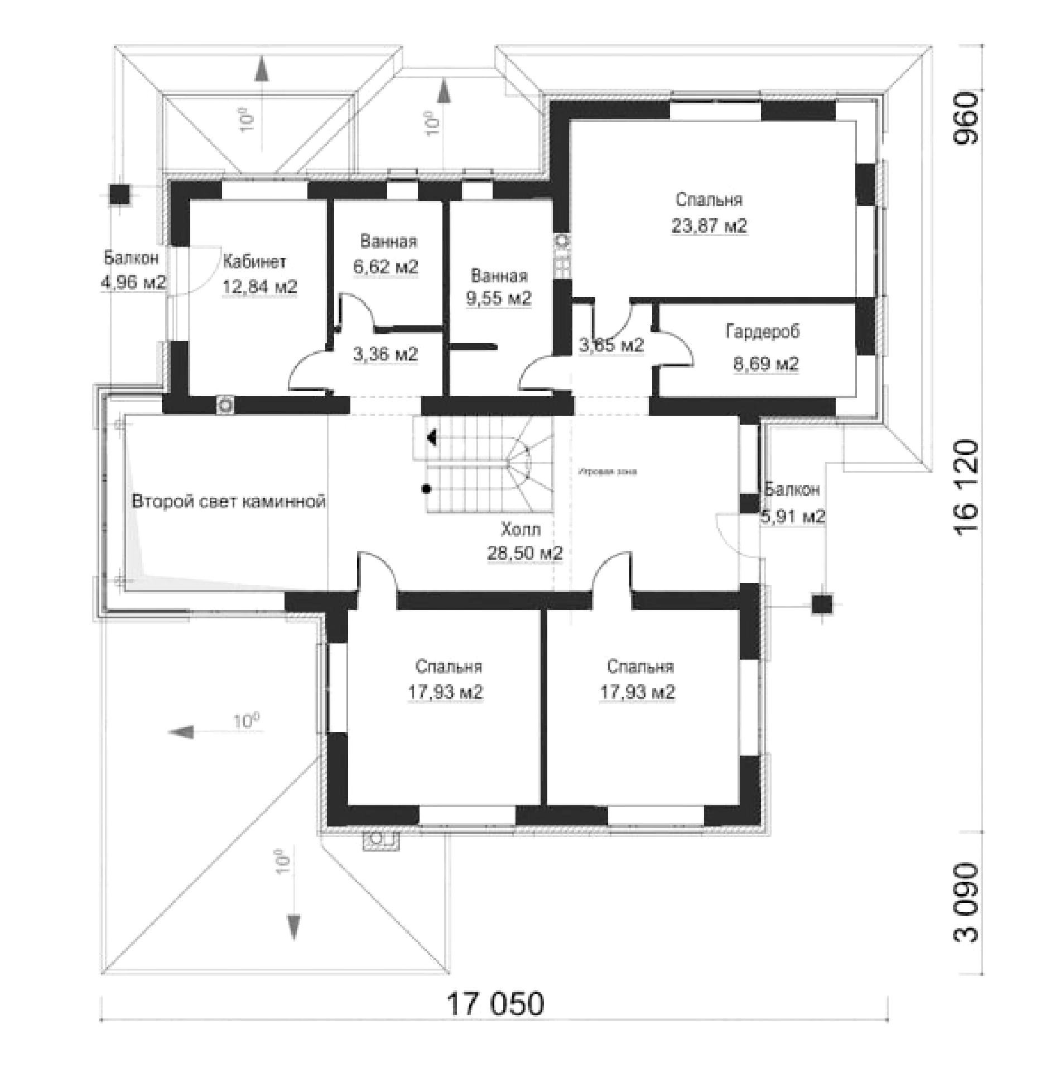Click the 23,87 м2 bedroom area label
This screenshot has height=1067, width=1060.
[x=709, y=226]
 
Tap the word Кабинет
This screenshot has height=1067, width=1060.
[x=254, y=262]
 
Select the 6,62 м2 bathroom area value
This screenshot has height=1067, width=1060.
[x=386, y=266]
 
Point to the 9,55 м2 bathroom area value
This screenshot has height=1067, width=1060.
[x=499, y=299]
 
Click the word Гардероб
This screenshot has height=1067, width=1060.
[x=762, y=331]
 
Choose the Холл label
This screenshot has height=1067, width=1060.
[x=521, y=528]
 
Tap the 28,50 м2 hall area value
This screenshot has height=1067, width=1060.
[x=525, y=553]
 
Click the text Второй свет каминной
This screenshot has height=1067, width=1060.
[x=229, y=501]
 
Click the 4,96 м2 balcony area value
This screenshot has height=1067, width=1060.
[x=133, y=282]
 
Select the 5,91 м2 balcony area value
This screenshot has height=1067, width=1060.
[x=793, y=516]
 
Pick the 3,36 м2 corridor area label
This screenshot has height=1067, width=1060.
[x=386, y=354]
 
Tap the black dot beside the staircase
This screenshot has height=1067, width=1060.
[x=427, y=489]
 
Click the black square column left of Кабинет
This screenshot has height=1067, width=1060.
[x=119, y=194]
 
